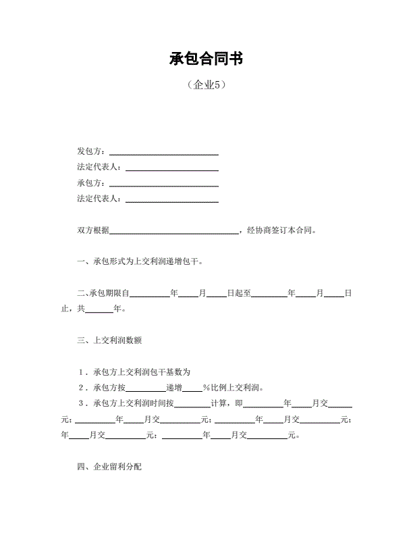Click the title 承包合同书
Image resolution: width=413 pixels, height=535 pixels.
206,59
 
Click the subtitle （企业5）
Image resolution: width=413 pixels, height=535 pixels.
206,86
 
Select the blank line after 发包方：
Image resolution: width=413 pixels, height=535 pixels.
163,154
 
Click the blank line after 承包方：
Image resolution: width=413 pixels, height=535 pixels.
163,186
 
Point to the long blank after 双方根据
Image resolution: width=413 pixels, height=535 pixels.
174,233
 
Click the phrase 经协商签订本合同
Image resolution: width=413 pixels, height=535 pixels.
281,230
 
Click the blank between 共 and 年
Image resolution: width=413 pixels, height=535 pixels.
99,312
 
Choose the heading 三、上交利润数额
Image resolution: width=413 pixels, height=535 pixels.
109,340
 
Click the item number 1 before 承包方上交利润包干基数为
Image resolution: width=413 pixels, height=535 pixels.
82,372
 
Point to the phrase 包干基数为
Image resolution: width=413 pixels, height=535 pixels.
171,372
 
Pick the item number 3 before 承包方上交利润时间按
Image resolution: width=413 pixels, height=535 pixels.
82,403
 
